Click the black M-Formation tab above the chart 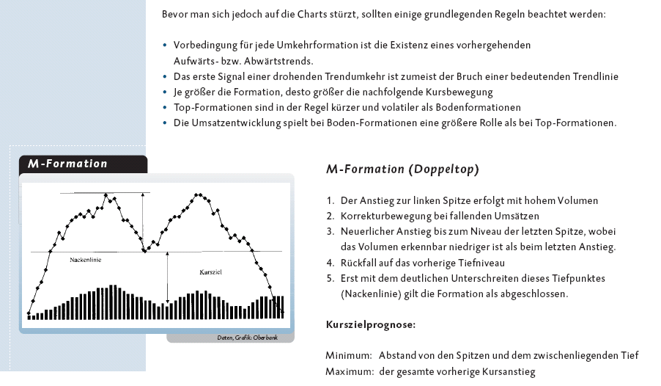click(68, 164)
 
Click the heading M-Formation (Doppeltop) click(402, 170)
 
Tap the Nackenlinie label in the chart click(86, 260)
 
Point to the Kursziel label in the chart click(211, 272)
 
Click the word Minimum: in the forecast click(348, 355)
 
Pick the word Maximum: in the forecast click(349, 371)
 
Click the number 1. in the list click(331, 200)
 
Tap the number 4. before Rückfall click(331, 263)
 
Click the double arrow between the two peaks click(144, 221)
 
